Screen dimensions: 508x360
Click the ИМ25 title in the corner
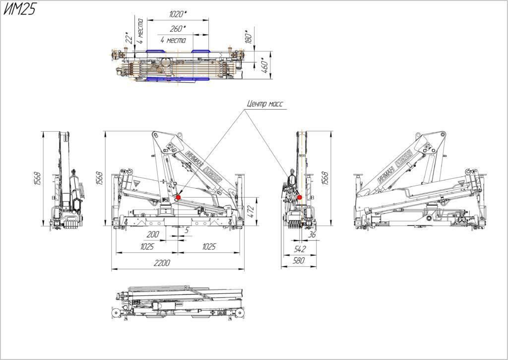[20, 10]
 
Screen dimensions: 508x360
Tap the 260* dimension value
[177, 29]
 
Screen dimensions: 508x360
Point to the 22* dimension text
[127, 38]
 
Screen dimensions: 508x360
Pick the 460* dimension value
[265, 65]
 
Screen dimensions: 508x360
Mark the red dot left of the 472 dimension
[179, 198]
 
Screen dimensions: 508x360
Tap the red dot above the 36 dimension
[300, 198]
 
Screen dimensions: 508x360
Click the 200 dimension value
[154, 234]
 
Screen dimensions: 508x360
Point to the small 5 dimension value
[187, 230]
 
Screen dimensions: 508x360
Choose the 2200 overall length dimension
[162, 263]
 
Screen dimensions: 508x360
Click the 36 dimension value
[313, 235]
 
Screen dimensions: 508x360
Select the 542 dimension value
[300, 248]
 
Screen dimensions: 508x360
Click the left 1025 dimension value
[147, 246]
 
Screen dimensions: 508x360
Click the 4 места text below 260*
[173, 40]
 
